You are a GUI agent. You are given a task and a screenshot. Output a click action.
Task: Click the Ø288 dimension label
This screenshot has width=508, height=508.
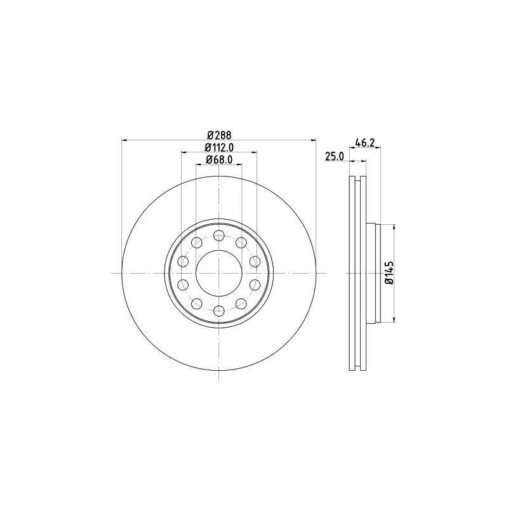[219, 135]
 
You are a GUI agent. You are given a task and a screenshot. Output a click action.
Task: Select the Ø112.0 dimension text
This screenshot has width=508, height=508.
[219, 147]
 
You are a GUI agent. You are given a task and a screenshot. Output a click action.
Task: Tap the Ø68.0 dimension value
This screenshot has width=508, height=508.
[219, 159]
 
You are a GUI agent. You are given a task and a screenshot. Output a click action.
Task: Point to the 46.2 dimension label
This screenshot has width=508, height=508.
[364, 142]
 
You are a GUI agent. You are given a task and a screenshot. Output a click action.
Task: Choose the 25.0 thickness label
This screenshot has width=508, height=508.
[335, 156]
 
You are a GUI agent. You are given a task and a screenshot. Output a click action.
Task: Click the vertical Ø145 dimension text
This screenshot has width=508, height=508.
[389, 273]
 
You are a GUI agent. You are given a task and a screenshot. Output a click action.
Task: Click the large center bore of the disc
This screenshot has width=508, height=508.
[219, 273]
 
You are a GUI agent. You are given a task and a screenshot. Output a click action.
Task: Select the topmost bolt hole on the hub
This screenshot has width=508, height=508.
[219, 235]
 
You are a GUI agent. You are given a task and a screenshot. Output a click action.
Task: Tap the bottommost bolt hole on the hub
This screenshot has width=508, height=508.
[219, 311]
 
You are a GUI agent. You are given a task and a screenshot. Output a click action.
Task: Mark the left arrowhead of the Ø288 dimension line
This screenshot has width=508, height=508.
[124, 140]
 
